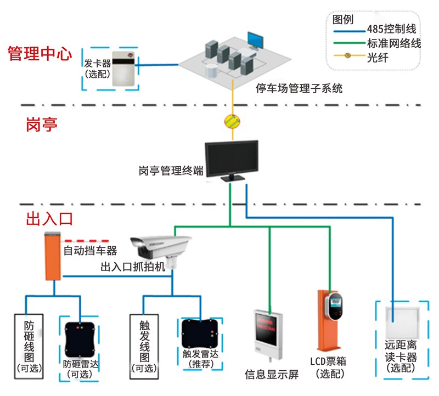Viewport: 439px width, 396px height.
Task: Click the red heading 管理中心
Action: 40,54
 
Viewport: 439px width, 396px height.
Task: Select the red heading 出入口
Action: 49,219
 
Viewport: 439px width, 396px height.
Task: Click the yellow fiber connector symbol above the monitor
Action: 230,121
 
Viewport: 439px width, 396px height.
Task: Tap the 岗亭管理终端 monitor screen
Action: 231,157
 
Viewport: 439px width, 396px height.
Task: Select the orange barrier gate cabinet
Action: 52,257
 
